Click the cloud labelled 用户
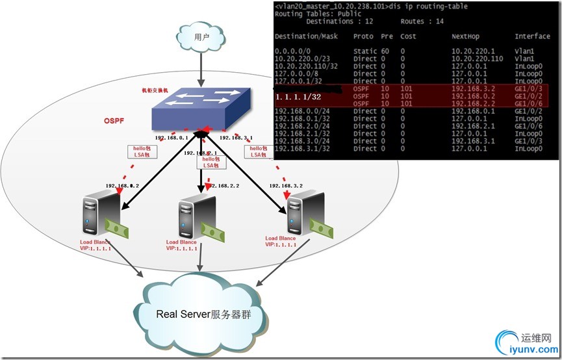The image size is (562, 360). click(x=201, y=38)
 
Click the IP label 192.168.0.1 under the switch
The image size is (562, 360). click(x=171, y=138)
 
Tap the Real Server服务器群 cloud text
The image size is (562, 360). click(x=203, y=315)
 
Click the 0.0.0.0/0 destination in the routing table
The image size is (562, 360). click(x=293, y=51)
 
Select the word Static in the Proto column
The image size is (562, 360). click(x=364, y=51)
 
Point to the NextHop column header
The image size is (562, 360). click(x=466, y=36)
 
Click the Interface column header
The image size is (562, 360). click(x=532, y=36)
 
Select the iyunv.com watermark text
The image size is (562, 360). click(x=528, y=350)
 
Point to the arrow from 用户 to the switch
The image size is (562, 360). click(x=201, y=70)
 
